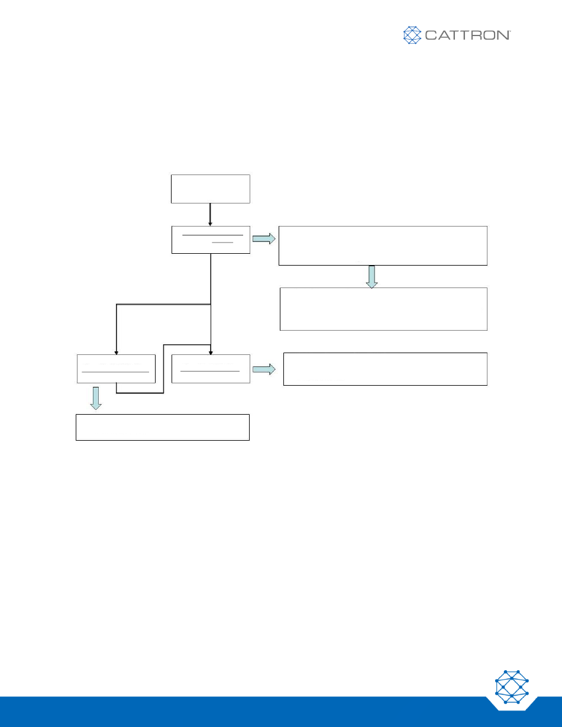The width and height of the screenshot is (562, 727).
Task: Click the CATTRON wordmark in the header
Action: coord(467,35)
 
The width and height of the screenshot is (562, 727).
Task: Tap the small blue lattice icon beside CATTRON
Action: coord(412,35)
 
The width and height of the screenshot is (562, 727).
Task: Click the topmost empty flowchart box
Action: coord(211,189)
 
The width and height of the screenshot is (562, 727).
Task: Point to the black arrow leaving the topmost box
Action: coord(211,214)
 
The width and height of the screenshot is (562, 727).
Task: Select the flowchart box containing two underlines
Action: coord(211,240)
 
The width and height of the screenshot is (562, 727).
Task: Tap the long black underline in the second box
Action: coord(212,235)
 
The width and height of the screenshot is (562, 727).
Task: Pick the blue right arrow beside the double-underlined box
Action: coord(264,239)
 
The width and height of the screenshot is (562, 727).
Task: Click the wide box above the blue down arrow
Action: coord(383,245)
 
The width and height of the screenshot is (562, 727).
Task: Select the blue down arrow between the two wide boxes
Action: coord(372,276)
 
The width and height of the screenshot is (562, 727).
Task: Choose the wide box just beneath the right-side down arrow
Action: coord(383,309)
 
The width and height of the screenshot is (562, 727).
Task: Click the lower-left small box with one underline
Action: coord(117,369)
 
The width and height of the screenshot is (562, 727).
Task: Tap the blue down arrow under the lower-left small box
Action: coord(96,398)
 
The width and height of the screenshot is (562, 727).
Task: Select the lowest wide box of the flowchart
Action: coord(163,427)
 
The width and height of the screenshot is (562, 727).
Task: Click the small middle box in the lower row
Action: coord(211,369)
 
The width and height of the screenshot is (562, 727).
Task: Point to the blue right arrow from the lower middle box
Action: coord(264,369)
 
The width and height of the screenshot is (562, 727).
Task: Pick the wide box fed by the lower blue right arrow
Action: coord(385,369)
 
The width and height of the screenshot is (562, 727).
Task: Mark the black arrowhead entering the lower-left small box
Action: coord(117,351)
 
